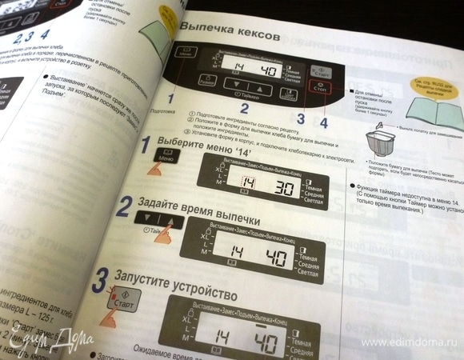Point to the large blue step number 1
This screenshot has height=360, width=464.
pos(146,146)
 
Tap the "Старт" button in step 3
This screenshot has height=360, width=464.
pos(118,306)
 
